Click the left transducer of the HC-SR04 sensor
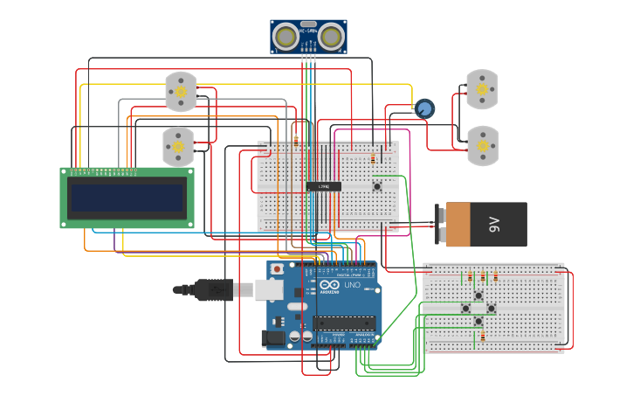[x=286, y=36]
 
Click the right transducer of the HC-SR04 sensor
[x=330, y=36]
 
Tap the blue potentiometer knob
[x=424, y=108]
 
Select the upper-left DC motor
[x=181, y=92]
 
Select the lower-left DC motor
[x=178, y=147]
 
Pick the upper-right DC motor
[x=481, y=89]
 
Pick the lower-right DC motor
[x=481, y=145]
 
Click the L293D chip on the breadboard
[x=323, y=185]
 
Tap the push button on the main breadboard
[x=377, y=185]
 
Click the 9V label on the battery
[x=495, y=225]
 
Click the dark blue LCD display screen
[x=127, y=198]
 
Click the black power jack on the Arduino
[x=275, y=337]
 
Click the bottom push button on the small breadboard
[x=478, y=322]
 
